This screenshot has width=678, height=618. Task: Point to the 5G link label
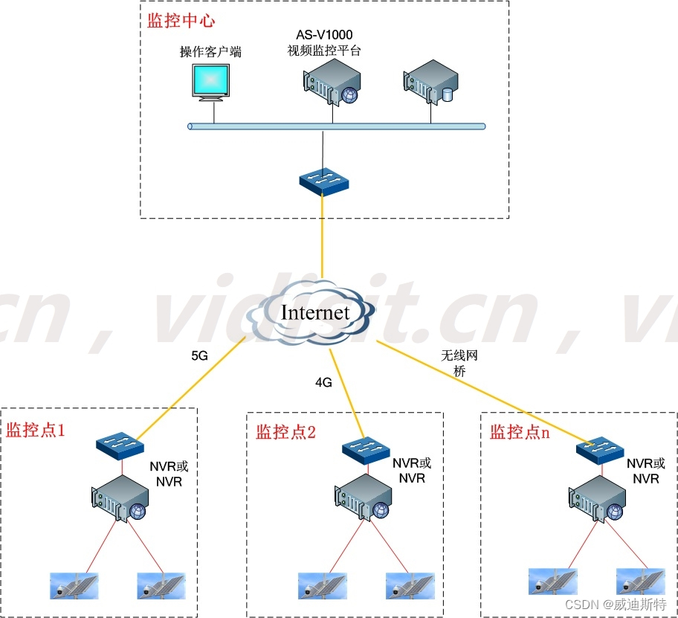(x=199, y=355)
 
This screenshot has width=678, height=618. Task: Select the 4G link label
(x=323, y=382)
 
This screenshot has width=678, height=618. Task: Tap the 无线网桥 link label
(x=459, y=364)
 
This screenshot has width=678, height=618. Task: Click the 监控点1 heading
(x=36, y=431)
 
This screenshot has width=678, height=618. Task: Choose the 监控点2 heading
(x=285, y=432)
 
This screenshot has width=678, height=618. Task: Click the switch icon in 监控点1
(x=120, y=445)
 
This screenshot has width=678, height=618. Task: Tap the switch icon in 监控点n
(x=600, y=449)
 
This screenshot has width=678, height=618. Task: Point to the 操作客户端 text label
(x=210, y=51)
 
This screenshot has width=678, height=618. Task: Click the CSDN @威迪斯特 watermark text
(x=616, y=605)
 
